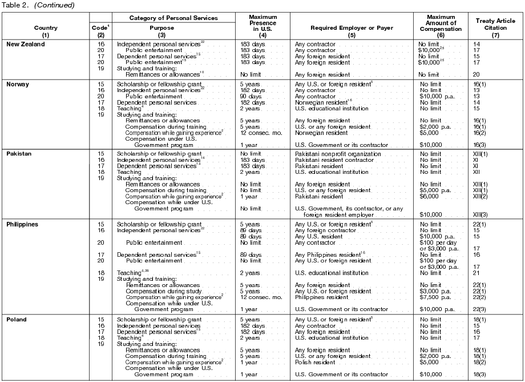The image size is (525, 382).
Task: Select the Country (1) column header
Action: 46,31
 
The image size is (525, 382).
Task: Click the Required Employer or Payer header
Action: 349,27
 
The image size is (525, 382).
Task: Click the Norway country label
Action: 18,84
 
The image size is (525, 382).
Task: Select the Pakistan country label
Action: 19,154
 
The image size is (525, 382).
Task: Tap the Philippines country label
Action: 23,224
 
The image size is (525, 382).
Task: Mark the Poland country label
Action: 17,319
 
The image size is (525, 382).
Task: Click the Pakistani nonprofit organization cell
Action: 337,154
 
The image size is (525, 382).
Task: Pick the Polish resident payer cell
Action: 316,362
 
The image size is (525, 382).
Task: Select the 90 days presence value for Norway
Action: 253,97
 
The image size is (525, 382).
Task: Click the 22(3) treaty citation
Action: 480,309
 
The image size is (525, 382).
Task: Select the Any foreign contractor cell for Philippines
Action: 322,230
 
